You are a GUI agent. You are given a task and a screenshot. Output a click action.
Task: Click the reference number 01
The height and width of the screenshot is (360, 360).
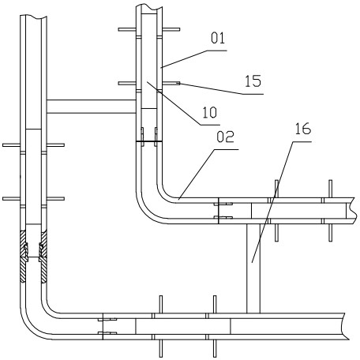(x=218, y=38)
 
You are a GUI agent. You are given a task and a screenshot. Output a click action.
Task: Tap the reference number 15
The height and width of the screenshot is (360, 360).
(x=253, y=81)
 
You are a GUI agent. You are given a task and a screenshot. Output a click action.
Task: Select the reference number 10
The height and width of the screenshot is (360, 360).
(x=209, y=112)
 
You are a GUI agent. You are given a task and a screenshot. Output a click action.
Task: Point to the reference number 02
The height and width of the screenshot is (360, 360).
(x=225, y=137)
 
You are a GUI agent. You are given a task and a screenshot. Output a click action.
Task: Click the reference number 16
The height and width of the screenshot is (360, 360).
(x=303, y=129)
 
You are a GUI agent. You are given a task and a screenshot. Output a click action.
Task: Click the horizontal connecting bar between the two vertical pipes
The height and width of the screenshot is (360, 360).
(x=92, y=107)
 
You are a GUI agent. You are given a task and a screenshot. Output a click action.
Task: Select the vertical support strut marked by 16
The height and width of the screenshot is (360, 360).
(x=253, y=268)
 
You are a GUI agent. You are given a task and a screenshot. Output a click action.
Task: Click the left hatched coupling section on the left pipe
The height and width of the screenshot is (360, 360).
(x=24, y=256)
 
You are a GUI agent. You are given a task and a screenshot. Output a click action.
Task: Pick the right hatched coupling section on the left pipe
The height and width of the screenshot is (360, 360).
(x=43, y=256)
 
